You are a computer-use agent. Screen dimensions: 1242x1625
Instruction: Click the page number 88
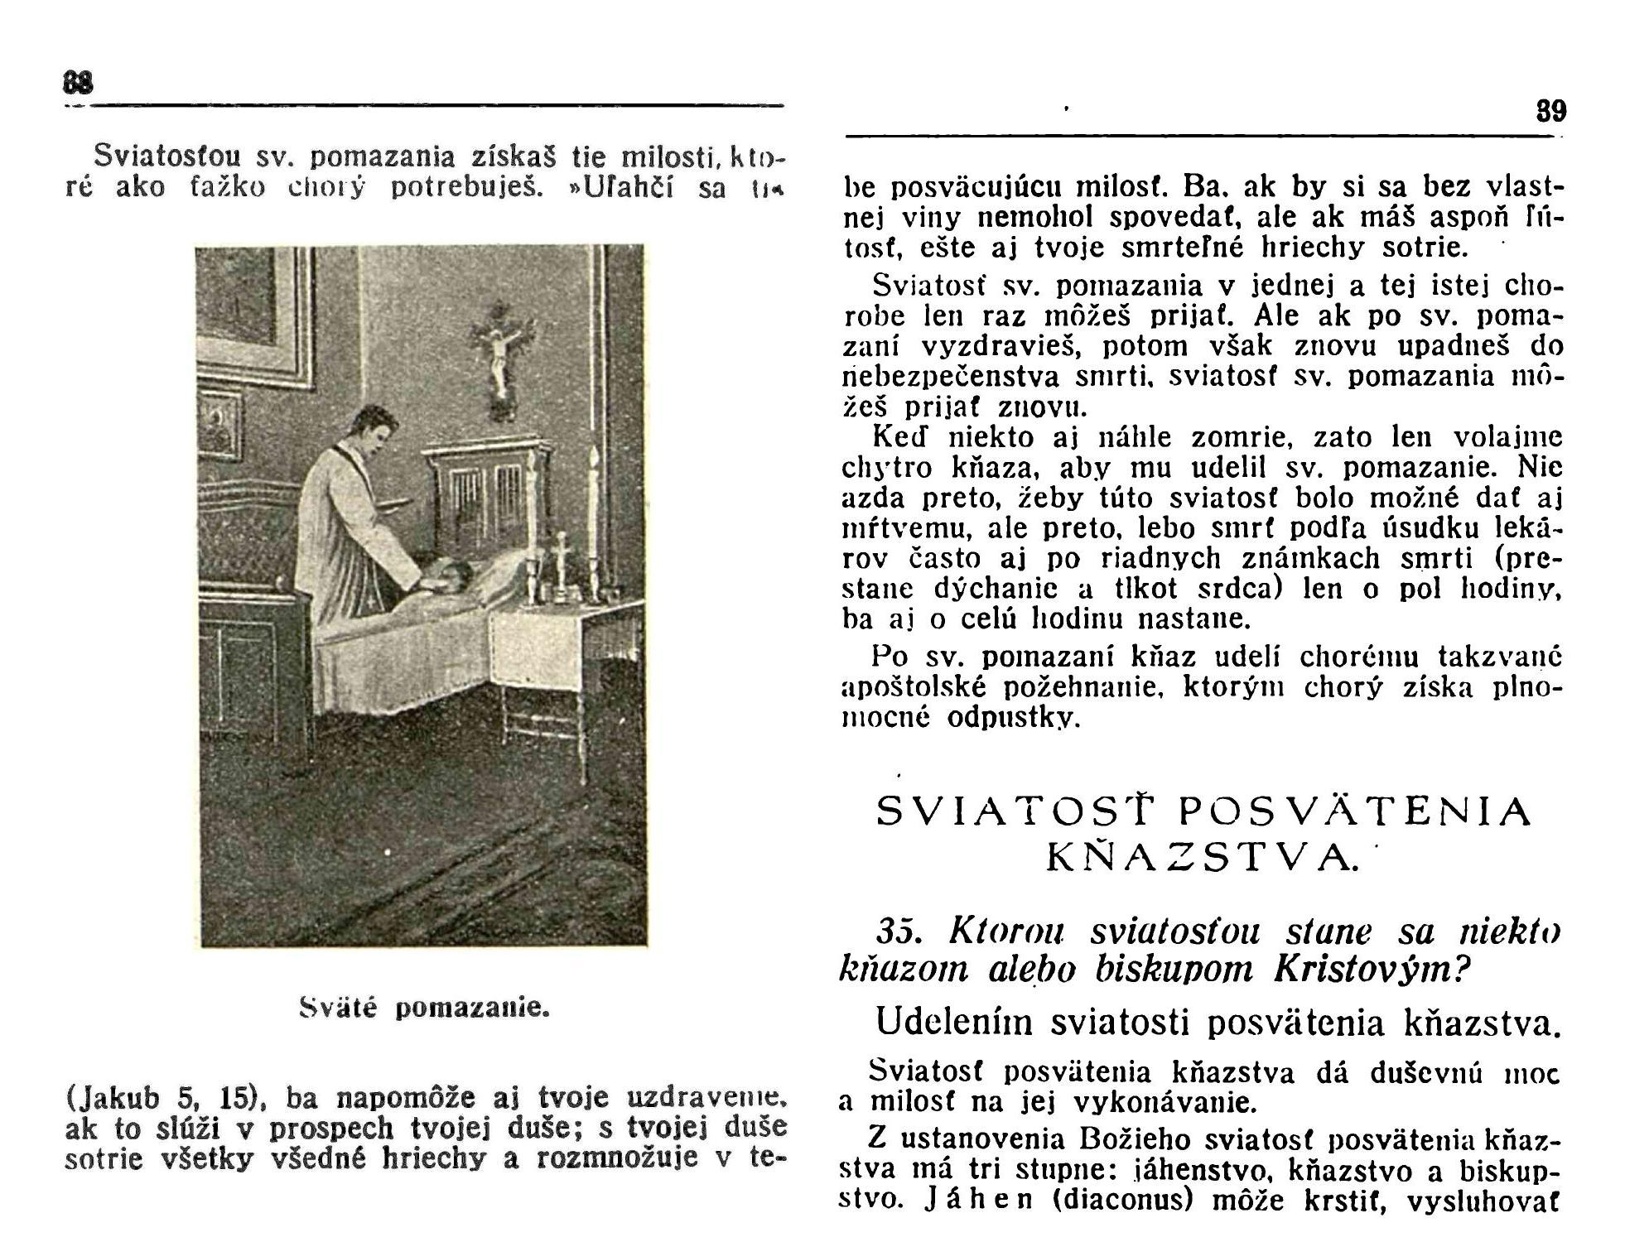pos(79,84)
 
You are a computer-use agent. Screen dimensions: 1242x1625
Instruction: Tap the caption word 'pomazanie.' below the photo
pos(472,1009)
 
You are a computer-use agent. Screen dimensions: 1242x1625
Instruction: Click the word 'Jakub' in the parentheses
pos(121,1098)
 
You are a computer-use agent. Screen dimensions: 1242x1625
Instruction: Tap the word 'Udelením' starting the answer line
pos(954,1023)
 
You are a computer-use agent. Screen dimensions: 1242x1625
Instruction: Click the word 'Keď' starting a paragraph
pos(899,437)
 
